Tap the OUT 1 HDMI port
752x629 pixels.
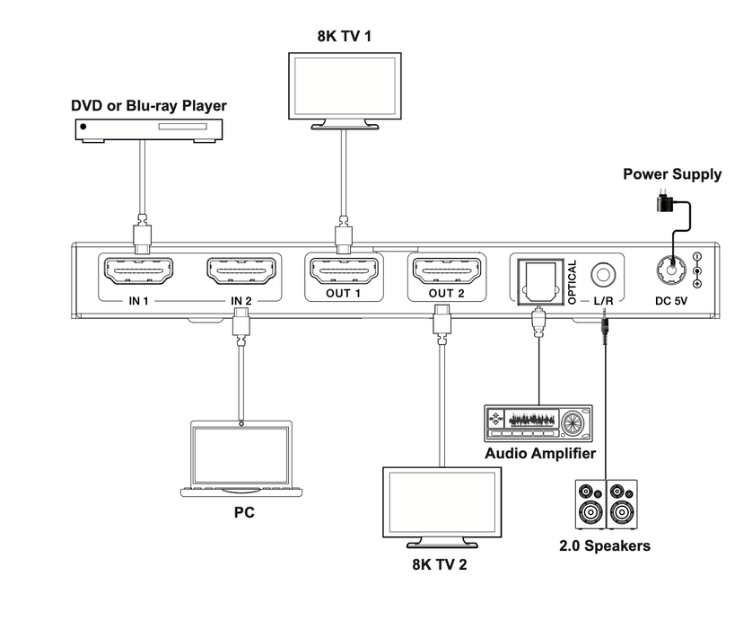tap(343, 270)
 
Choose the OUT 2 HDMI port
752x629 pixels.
tap(445, 270)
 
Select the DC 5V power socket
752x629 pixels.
tap(672, 270)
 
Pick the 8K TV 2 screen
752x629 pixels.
tap(440, 504)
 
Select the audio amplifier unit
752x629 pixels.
tap(538, 422)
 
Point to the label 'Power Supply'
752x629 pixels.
tap(672, 174)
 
